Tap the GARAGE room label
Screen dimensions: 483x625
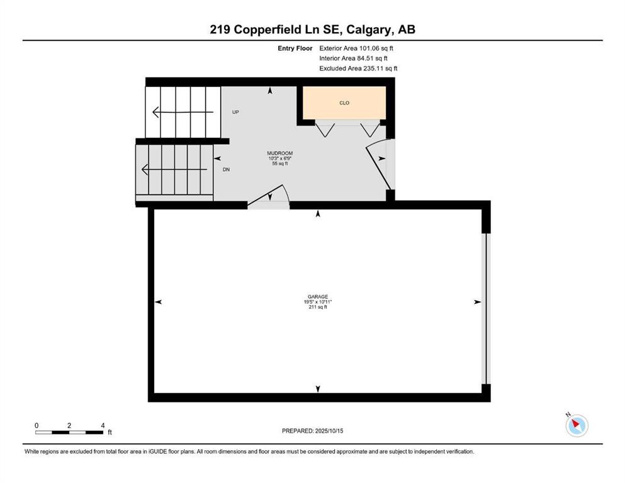[x=317, y=297]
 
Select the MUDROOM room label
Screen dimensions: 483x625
[x=280, y=153]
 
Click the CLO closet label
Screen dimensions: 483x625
[x=344, y=103]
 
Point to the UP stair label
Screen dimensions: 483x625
[x=236, y=112]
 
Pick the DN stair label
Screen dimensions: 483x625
[x=226, y=169]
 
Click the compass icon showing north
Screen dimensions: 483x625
[x=576, y=425]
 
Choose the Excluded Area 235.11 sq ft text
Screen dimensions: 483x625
[x=358, y=68]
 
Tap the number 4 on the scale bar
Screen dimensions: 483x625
[x=103, y=425]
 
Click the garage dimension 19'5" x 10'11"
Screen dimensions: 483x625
[x=317, y=302]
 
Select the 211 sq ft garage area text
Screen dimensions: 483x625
[x=317, y=307]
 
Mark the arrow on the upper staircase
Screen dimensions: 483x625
[x=183, y=113]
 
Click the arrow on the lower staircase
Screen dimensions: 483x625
[x=173, y=169]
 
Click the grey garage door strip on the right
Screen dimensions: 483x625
[x=484, y=308]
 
